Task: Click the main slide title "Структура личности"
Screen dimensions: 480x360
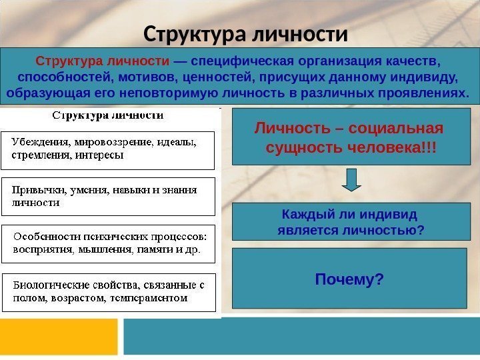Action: (x=245, y=33)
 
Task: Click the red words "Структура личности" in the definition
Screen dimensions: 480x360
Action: (x=103, y=62)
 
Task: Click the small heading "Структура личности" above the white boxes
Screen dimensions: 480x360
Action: (x=108, y=115)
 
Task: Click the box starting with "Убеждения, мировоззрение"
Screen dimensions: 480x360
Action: (x=108, y=150)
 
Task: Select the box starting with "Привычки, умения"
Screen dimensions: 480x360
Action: (x=108, y=196)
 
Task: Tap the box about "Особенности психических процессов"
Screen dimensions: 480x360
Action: (x=108, y=244)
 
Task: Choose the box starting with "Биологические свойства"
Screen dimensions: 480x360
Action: (x=108, y=292)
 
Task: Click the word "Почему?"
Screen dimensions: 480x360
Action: (x=349, y=279)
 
